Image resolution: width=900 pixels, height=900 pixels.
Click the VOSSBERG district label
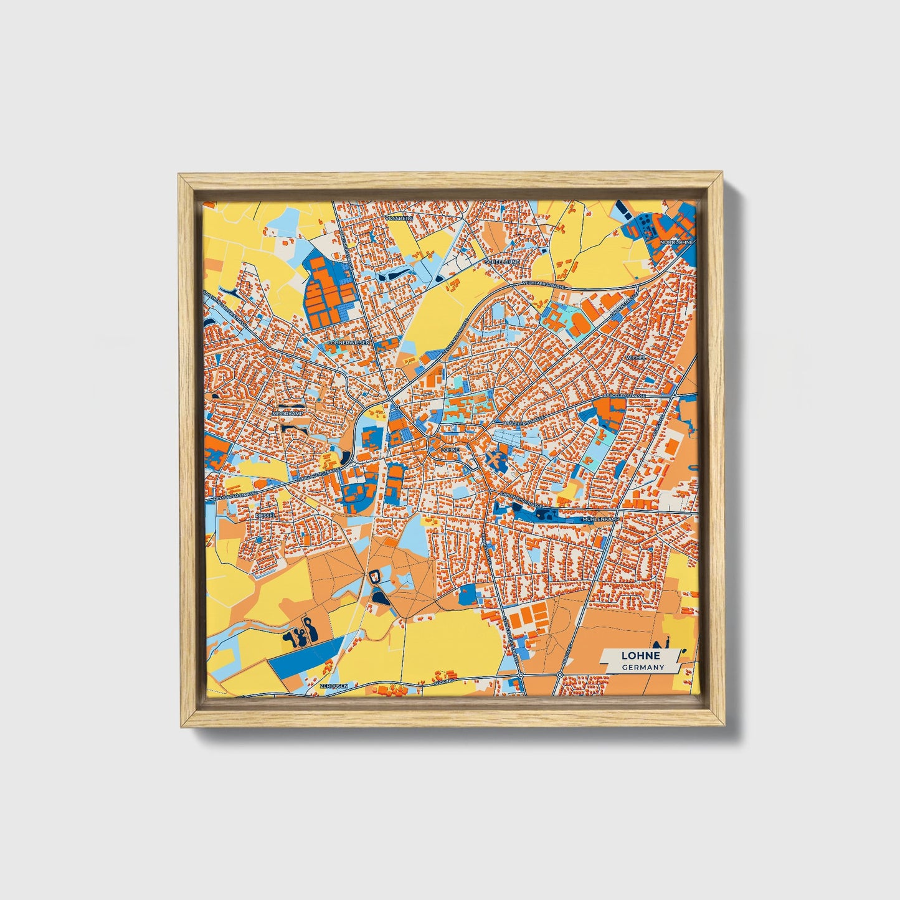(399, 219)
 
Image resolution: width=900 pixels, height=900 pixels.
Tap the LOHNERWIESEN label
(349, 343)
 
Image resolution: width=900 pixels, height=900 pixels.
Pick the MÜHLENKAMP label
(600, 518)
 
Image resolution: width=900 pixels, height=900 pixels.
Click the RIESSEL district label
(265, 516)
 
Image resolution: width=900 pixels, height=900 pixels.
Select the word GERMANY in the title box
(643, 667)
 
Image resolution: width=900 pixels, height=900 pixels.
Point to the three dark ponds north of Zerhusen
(300, 634)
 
